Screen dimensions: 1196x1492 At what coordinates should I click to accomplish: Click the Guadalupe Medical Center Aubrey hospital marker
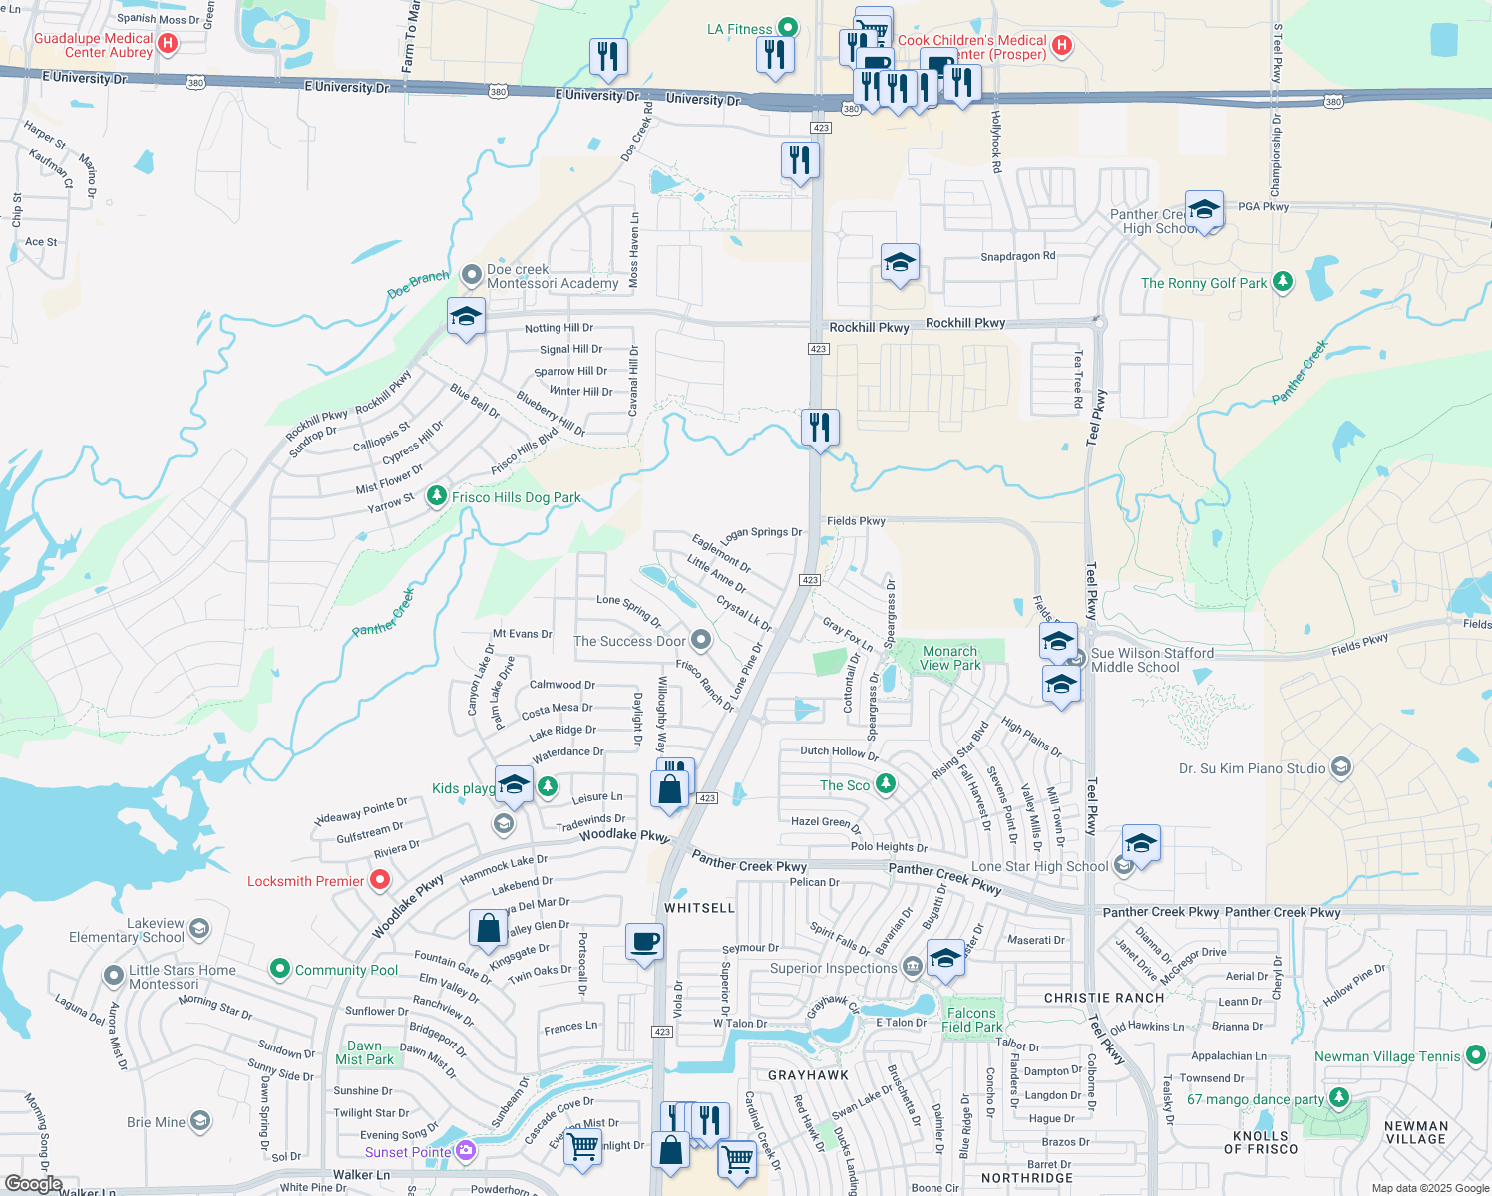pyautogui.click(x=168, y=43)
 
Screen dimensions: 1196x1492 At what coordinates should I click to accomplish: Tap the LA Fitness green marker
pyautogui.click(x=788, y=27)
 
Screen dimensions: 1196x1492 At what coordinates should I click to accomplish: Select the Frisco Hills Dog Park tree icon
pyautogui.click(x=436, y=495)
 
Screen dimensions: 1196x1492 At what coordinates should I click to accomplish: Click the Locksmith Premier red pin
pyautogui.click(x=379, y=880)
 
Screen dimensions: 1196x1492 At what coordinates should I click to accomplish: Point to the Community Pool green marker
pyautogui.click(x=280, y=969)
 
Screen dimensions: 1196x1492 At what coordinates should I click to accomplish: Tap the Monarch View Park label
pyautogui.click(x=949, y=658)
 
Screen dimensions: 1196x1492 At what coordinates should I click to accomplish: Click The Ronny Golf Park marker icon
pyautogui.click(x=1283, y=282)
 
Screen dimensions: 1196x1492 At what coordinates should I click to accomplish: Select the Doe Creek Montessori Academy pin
pyautogui.click(x=472, y=275)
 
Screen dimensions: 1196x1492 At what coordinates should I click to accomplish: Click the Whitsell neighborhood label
pyautogui.click(x=699, y=908)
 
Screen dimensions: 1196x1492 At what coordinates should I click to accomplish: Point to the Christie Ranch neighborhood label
pyautogui.click(x=1104, y=998)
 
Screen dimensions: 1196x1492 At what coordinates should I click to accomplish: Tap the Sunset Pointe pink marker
pyautogui.click(x=465, y=1151)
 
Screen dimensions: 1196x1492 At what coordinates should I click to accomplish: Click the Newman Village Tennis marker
pyautogui.click(x=1476, y=1054)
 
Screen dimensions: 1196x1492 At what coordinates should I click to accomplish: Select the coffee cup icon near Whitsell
pyautogui.click(x=645, y=941)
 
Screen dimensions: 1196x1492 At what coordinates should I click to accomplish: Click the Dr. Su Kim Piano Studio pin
pyautogui.click(x=1341, y=767)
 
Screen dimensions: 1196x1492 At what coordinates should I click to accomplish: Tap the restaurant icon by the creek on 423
pyautogui.click(x=820, y=428)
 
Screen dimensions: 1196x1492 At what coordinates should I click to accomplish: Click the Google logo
pyautogui.click(x=34, y=1183)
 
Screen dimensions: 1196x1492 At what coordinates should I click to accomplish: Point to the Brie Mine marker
pyautogui.click(x=200, y=1122)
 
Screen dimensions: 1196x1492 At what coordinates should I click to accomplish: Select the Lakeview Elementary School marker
pyautogui.click(x=199, y=930)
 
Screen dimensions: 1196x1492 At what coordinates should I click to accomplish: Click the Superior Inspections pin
pyautogui.click(x=912, y=967)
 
